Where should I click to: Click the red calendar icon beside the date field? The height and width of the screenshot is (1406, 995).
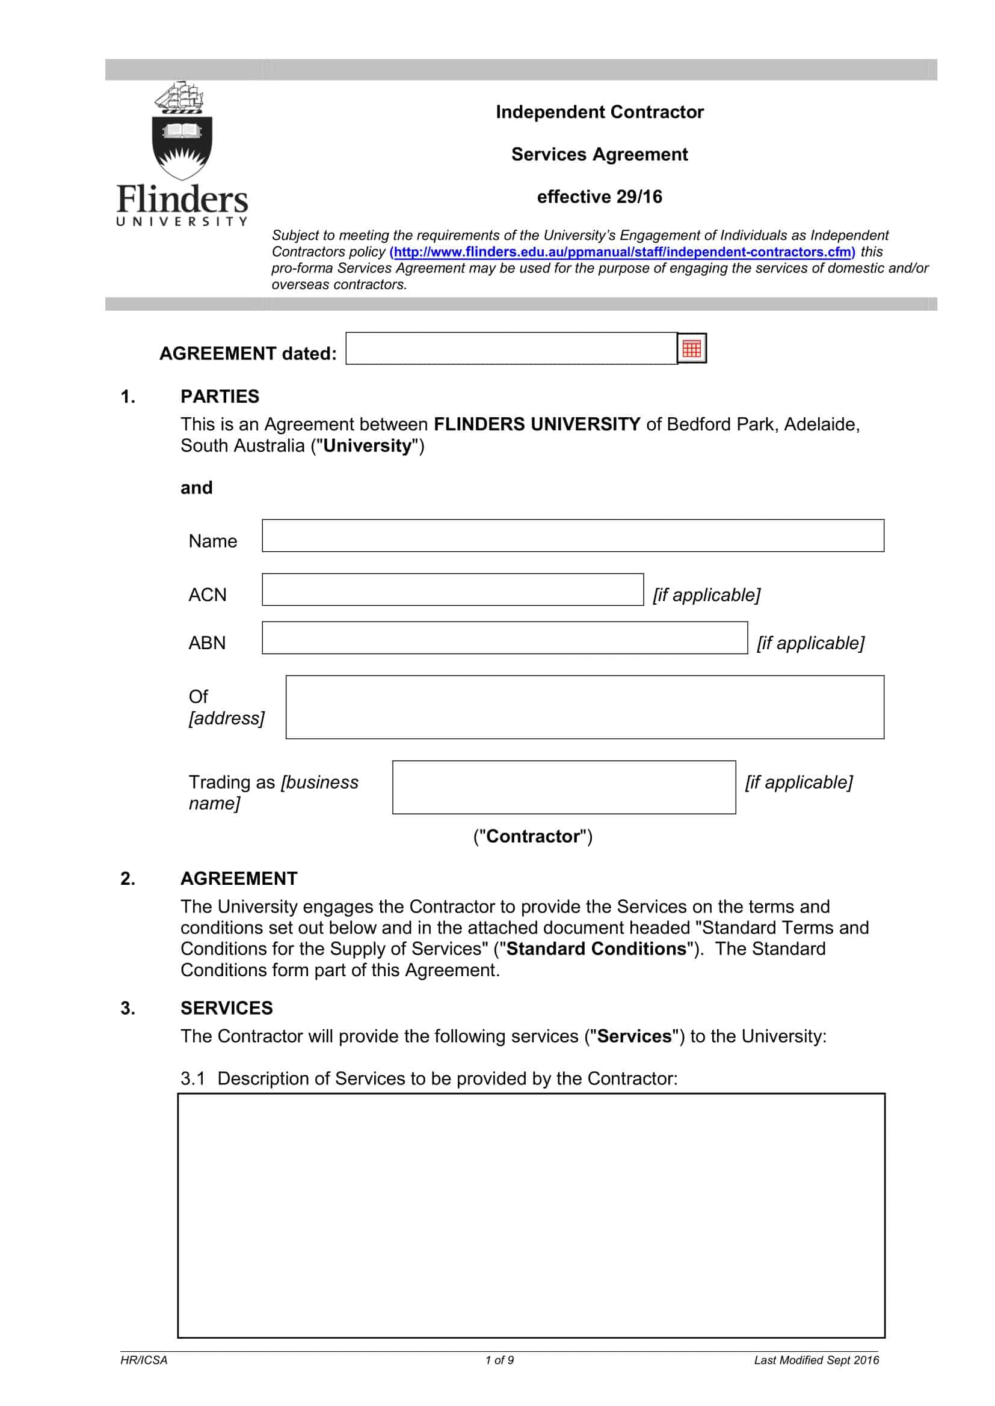click(x=692, y=349)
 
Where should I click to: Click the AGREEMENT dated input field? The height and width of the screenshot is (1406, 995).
click(x=511, y=349)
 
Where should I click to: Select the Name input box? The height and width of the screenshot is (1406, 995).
click(x=573, y=536)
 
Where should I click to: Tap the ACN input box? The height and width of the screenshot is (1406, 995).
click(x=453, y=590)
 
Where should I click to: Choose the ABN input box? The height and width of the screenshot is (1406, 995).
click(x=505, y=638)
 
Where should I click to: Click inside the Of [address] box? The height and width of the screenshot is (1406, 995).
click(x=585, y=708)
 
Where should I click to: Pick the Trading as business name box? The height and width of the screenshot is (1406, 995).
click(x=564, y=787)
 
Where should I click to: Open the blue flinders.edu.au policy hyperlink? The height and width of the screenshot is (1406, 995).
click(x=622, y=252)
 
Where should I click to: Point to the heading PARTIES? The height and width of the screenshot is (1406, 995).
click(x=220, y=397)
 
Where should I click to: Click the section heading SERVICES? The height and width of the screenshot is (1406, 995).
click(x=226, y=1008)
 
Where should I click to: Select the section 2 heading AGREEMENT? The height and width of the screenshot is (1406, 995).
click(x=238, y=879)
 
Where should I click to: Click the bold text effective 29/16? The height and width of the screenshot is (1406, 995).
click(x=599, y=197)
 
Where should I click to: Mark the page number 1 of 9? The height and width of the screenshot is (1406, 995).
click(x=499, y=1360)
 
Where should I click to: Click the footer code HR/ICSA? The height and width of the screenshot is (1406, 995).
click(x=143, y=1360)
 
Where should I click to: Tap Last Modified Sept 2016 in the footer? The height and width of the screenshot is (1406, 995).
click(x=816, y=1360)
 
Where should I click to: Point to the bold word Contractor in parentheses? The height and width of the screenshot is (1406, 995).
click(x=532, y=837)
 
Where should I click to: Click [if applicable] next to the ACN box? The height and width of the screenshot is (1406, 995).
click(x=706, y=594)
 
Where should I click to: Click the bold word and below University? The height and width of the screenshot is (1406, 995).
click(x=196, y=488)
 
